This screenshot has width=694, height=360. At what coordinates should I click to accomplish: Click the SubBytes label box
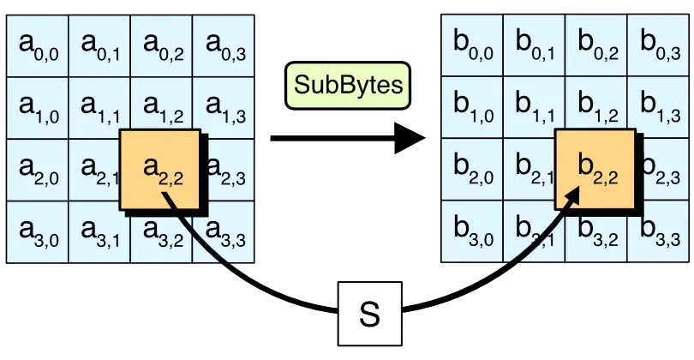click(347, 86)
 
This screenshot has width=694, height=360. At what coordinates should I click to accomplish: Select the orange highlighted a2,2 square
click(160, 170)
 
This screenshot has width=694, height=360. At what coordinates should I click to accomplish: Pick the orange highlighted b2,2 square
click(595, 170)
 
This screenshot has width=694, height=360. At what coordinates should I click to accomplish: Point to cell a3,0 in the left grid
click(38, 231)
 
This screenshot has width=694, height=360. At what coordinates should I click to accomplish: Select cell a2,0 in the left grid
click(38, 169)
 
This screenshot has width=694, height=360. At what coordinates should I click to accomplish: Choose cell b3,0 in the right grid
click(471, 231)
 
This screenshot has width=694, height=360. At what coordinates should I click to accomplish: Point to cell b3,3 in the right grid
click(659, 231)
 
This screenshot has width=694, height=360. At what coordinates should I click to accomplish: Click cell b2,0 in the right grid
click(471, 169)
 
